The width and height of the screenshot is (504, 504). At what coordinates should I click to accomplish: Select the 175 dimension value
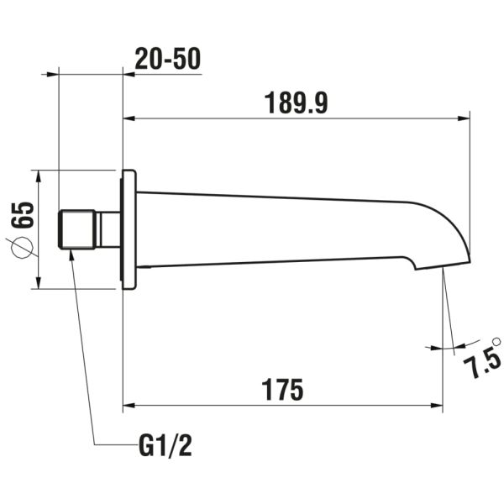pyautogui.click(x=282, y=390)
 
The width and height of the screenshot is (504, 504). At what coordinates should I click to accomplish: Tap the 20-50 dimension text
pyautogui.click(x=167, y=59)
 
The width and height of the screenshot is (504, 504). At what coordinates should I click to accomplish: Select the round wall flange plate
pyautogui.click(x=129, y=229)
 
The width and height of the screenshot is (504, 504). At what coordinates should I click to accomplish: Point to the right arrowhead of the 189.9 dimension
pyautogui.click(x=464, y=118)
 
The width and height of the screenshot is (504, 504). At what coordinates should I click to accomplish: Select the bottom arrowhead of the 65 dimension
pyautogui.click(x=39, y=283)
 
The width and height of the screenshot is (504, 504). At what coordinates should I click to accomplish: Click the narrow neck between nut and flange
pyautogui.click(x=108, y=229)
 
